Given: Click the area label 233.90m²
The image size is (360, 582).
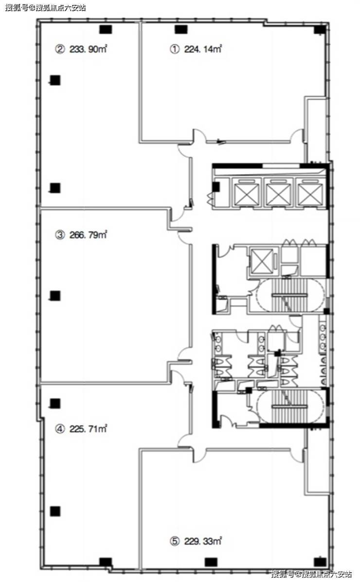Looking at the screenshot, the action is pyautogui.click(x=89, y=49).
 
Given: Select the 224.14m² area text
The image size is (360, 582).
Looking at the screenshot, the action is pyautogui.click(x=203, y=49).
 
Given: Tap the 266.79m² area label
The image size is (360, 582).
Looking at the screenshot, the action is pyautogui.click(x=89, y=234).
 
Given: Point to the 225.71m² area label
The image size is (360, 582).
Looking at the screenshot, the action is pyautogui.click(x=89, y=429).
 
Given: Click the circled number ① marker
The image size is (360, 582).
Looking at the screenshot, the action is pyautogui.click(x=175, y=49).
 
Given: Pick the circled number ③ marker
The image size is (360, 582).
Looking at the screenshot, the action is pyautogui.click(x=60, y=235).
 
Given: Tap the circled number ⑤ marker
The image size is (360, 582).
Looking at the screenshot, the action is pyautogui.click(x=175, y=542).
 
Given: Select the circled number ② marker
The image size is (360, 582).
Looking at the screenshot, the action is pyautogui.click(x=60, y=49).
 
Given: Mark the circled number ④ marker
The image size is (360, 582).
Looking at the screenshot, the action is pyautogui.click(x=60, y=429).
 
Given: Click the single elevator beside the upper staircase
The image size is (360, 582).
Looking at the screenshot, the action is pyautogui.click(x=262, y=261).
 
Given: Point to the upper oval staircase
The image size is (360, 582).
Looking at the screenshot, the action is pyautogui.click(x=290, y=295).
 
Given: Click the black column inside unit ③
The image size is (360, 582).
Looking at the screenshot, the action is pyautogui.click(x=55, y=296).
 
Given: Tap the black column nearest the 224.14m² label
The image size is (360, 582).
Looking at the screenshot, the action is pyautogui.click(x=181, y=29).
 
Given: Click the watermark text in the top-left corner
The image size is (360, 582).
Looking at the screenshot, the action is pyautogui.click(x=45, y=7).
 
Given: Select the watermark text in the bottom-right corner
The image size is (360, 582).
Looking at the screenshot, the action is pyautogui.click(x=311, y=574).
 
